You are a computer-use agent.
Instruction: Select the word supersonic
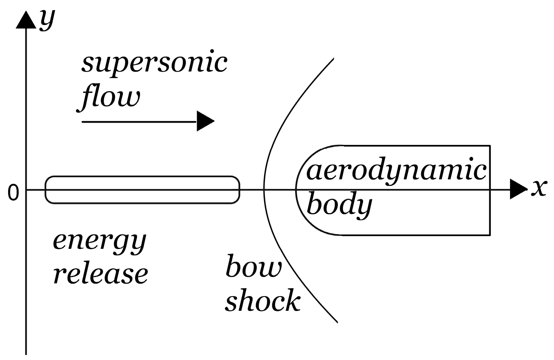(x=154, y=64)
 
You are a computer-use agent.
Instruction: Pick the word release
(x=101, y=274)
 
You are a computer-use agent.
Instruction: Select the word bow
(x=254, y=268)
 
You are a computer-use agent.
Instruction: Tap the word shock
(x=263, y=301)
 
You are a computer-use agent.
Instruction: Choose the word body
(x=339, y=205)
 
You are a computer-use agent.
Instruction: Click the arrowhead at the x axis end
(x=518, y=189)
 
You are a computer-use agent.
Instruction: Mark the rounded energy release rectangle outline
(x=142, y=177)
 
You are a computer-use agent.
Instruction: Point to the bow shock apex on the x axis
(x=265, y=190)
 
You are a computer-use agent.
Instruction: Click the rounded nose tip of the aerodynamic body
(x=296, y=190)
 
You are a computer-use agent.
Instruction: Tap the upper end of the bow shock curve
(x=333, y=59)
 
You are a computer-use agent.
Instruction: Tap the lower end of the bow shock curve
(x=337, y=322)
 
